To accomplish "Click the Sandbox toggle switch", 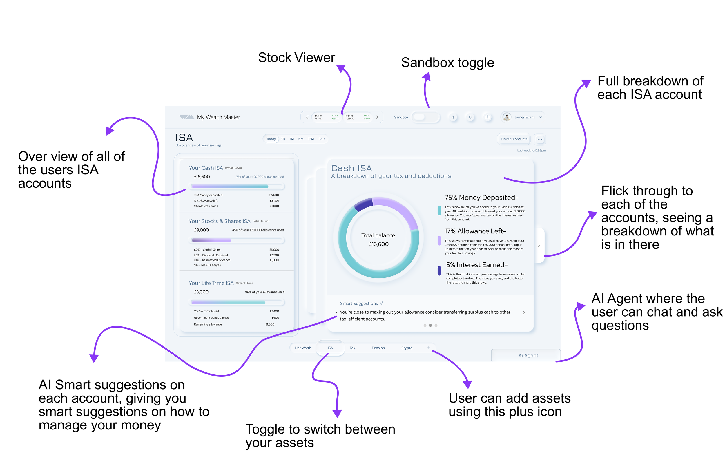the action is (425, 117).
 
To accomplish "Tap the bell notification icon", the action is (470, 117).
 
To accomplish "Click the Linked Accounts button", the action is (514, 139).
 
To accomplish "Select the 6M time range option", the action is (301, 139).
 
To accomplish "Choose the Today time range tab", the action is (271, 139).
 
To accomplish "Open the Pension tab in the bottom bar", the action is (378, 348).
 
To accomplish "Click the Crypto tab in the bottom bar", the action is (407, 348).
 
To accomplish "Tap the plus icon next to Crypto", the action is (428, 347).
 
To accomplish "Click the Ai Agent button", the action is (528, 355).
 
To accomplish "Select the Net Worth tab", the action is (303, 348).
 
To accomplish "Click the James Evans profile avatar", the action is (507, 117).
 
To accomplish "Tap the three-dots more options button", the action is (539, 139).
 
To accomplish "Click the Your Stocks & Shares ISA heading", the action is (219, 221).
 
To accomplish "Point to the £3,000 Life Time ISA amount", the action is (201, 292).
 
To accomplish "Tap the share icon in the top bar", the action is (487, 117).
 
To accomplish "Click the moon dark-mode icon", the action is (453, 117).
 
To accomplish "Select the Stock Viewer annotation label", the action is (296, 57).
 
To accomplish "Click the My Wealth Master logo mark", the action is (186, 117).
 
